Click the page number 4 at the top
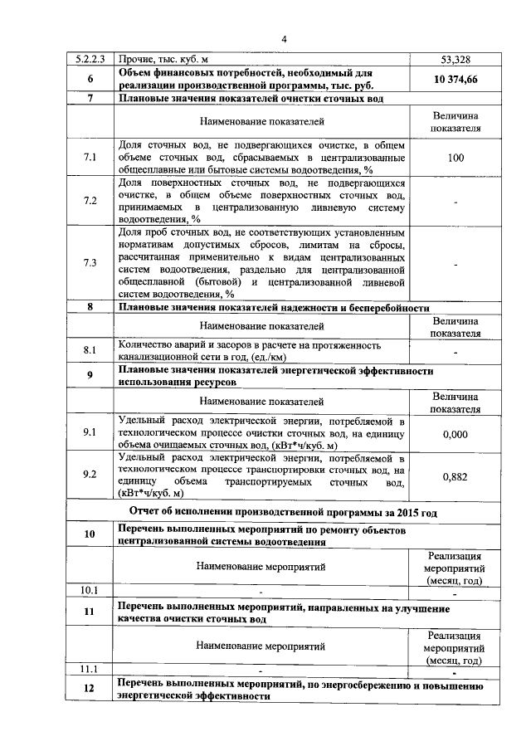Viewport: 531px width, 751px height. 282,39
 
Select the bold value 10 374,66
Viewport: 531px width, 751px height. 455,80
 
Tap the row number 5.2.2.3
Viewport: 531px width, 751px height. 90,61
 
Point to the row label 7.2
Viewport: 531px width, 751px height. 90,201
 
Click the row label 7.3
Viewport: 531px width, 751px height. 90,263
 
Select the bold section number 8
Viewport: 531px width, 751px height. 90,307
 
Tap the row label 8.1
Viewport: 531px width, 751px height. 90,349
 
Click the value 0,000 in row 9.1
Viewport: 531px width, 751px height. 455,433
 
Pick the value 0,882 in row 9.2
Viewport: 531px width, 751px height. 455,475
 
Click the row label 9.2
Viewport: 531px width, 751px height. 90,475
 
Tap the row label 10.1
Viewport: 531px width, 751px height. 90,591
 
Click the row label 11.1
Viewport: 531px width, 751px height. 90,669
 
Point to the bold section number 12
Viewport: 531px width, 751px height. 90,690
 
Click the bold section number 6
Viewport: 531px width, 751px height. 90,80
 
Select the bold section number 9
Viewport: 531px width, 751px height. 90,376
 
